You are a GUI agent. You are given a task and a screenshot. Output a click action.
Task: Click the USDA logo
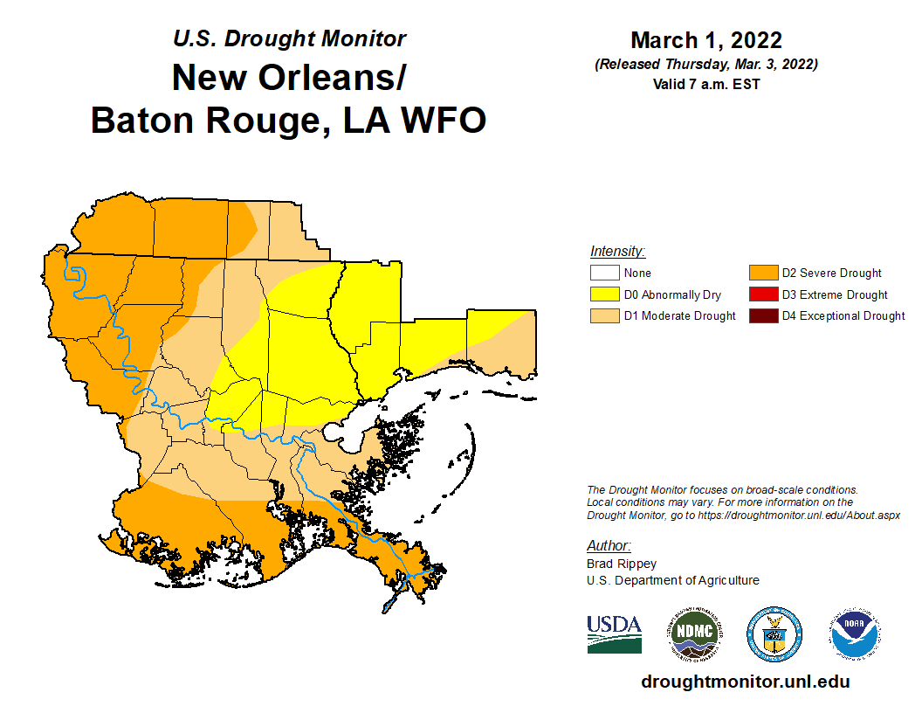pyautogui.click(x=614, y=633)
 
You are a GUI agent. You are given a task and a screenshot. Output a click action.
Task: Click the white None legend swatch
pyautogui.click(x=604, y=273)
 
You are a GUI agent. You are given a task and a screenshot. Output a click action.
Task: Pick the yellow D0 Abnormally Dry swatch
pyautogui.click(x=604, y=294)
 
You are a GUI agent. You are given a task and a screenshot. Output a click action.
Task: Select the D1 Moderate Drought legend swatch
pyautogui.click(x=604, y=315)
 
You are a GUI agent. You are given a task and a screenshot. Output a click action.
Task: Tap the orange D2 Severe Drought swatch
pyautogui.click(x=762, y=273)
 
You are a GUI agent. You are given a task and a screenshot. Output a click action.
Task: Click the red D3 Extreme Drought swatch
pyautogui.click(x=762, y=294)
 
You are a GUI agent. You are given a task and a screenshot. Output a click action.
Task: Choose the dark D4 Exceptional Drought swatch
pyautogui.click(x=762, y=315)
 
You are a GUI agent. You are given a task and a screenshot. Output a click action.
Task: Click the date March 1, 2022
pyautogui.click(x=705, y=40)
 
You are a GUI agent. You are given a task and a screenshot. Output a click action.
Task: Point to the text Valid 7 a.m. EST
pyautogui.click(x=705, y=85)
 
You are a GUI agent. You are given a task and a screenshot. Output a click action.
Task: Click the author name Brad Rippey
pyautogui.click(x=621, y=564)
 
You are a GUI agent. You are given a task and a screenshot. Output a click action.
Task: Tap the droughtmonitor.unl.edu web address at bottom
pyautogui.click(x=745, y=682)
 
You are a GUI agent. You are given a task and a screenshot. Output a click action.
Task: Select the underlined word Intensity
pyautogui.click(x=616, y=251)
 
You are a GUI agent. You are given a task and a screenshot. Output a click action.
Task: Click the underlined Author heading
pyautogui.click(x=609, y=545)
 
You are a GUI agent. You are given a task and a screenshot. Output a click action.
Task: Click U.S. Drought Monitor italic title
pyautogui.click(x=289, y=38)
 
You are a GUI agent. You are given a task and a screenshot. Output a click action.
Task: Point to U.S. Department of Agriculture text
pyautogui.click(x=672, y=580)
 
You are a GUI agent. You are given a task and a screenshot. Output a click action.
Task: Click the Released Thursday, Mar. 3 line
pyautogui.click(x=705, y=65)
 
